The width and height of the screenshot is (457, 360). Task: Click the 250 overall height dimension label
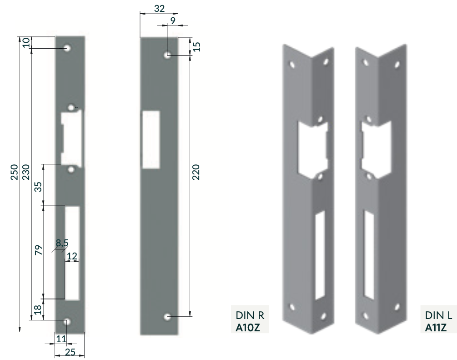click(x=15, y=172)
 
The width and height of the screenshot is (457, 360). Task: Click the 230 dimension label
click(x=26, y=172)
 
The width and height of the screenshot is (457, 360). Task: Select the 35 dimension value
click(x=38, y=187)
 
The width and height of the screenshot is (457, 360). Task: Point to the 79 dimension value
click(x=38, y=250)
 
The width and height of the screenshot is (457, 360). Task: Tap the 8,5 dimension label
click(x=62, y=243)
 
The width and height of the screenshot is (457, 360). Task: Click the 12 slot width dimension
click(x=72, y=256)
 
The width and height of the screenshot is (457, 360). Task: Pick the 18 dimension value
click(x=38, y=309)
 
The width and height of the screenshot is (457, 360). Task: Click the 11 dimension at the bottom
click(x=61, y=339)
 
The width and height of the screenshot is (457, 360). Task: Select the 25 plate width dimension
click(x=70, y=352)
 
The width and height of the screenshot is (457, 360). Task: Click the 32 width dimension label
click(x=160, y=8)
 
